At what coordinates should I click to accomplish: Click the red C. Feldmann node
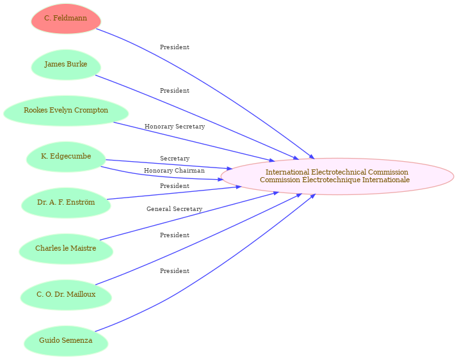(66, 19)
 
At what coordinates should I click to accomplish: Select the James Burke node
(66, 65)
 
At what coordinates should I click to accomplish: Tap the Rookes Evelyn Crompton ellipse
(66, 111)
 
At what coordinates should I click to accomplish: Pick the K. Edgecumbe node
(66, 157)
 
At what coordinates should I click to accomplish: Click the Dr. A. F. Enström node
(66, 203)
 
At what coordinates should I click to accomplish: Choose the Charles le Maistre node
(66, 249)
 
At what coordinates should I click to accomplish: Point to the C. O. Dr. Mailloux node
(66, 295)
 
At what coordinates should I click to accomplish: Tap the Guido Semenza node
(66, 341)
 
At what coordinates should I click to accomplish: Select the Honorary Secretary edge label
(175, 127)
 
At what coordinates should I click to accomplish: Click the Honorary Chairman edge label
(174, 171)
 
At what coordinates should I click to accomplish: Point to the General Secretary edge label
(174, 209)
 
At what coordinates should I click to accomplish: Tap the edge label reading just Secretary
(175, 159)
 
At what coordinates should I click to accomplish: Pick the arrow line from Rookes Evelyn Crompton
(192, 141)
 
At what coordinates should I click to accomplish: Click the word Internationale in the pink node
(387, 180)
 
